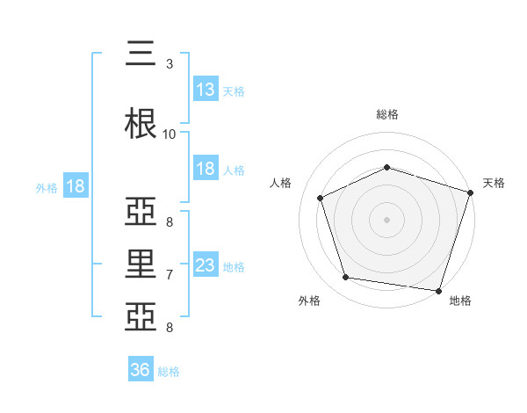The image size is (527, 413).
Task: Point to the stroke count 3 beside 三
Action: coord(170,64)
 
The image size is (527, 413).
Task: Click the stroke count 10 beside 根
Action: coord(169,134)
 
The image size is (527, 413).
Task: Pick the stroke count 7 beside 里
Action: coord(170,275)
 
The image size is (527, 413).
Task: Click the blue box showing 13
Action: coord(206,90)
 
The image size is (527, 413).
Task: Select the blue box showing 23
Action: coord(206,265)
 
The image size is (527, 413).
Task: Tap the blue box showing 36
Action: coord(141,370)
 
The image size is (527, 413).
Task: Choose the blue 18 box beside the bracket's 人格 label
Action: coord(206,169)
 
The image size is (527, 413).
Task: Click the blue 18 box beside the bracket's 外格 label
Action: coord(75,186)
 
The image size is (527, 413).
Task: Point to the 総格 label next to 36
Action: coord(169,372)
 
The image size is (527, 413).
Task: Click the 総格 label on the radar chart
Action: coord(386,114)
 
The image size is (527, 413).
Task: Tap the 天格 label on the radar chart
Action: coord(494,183)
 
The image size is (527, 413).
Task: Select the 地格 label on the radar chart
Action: coord(460,301)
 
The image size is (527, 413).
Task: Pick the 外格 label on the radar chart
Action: coord(309,301)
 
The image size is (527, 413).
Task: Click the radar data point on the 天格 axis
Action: coord(470,192)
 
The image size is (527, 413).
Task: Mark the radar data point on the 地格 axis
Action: coord(438,290)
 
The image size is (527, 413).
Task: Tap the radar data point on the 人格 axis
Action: coord(321,198)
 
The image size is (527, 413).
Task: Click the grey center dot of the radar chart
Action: coord(386,220)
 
